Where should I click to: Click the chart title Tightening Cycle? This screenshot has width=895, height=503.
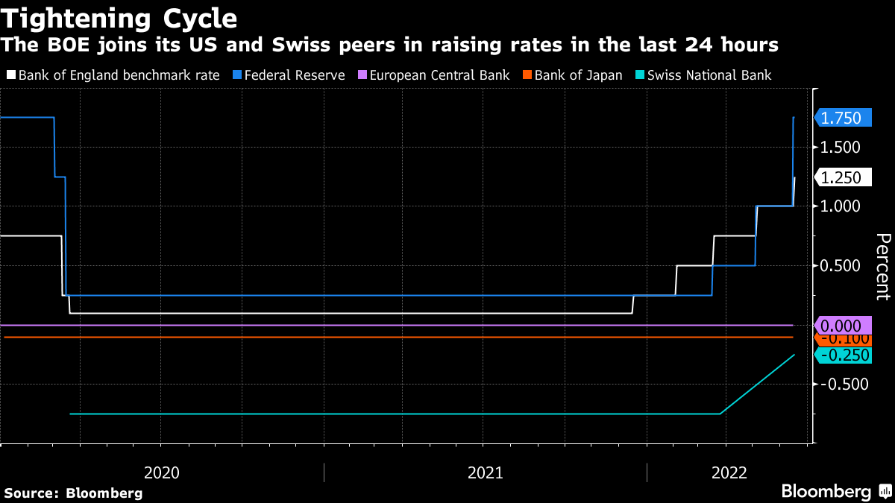(x=119, y=17)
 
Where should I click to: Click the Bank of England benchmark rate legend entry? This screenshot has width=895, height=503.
(x=118, y=75)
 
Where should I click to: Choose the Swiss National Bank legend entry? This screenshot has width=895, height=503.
(x=709, y=75)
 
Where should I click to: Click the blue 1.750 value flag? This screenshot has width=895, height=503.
(x=843, y=118)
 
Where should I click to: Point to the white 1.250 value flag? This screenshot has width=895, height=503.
(x=843, y=177)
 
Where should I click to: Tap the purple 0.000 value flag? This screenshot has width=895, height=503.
(x=843, y=326)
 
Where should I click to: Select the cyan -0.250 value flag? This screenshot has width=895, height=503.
(x=843, y=355)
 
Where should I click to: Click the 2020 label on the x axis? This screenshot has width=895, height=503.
(x=161, y=472)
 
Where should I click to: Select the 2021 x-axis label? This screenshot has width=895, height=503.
(x=485, y=472)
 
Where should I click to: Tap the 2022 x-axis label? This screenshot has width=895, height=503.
(x=729, y=472)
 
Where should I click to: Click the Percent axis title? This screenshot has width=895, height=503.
(x=882, y=266)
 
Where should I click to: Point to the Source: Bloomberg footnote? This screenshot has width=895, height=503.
(x=73, y=493)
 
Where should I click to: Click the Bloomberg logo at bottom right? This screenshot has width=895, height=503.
(x=835, y=492)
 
